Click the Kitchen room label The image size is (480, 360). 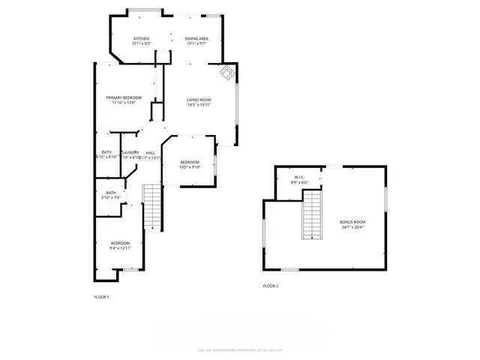pyautogui.click(x=142, y=38)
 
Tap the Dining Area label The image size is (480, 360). pyautogui.click(x=197, y=38)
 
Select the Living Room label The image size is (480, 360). pyautogui.click(x=199, y=100)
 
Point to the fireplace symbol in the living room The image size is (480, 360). pyautogui.click(x=227, y=73)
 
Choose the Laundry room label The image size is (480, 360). pyautogui.click(x=130, y=152)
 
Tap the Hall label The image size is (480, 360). pyautogui.click(x=151, y=152)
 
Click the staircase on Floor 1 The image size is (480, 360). pyautogui.click(x=152, y=207)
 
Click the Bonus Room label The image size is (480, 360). pyautogui.click(x=352, y=223)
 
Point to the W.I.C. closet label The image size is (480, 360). pyautogui.click(x=299, y=178)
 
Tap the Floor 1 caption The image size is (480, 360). pyautogui.click(x=101, y=297)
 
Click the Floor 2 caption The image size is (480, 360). pyautogui.click(x=270, y=286)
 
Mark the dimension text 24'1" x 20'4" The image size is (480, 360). pyautogui.click(x=352, y=227)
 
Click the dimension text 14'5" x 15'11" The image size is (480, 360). pyautogui.click(x=199, y=105)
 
